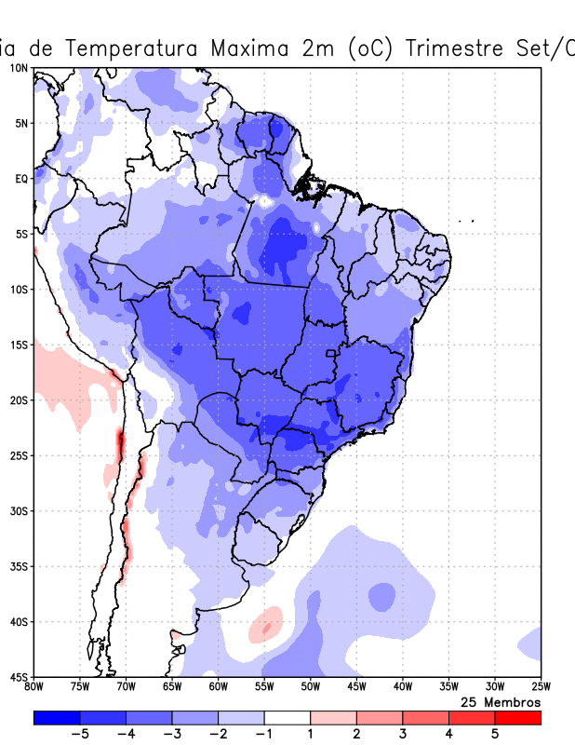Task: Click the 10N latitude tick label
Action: (x=19, y=68)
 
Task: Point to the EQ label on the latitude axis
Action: (x=20, y=178)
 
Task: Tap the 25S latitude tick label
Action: (x=19, y=455)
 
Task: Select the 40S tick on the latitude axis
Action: (x=19, y=621)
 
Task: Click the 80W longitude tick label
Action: (x=33, y=687)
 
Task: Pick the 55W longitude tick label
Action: (x=264, y=687)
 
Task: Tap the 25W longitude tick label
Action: (x=541, y=687)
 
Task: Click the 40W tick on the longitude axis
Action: (x=402, y=687)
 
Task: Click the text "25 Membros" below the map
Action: (x=501, y=701)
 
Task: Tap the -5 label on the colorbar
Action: (x=79, y=735)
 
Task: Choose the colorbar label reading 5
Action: (x=495, y=735)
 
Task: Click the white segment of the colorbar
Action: (x=287, y=718)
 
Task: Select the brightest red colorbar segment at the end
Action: (x=517, y=718)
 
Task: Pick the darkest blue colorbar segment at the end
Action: (x=56, y=718)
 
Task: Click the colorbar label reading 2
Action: (x=356, y=735)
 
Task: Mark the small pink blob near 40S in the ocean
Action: (x=266, y=623)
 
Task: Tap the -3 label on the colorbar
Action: (x=171, y=735)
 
